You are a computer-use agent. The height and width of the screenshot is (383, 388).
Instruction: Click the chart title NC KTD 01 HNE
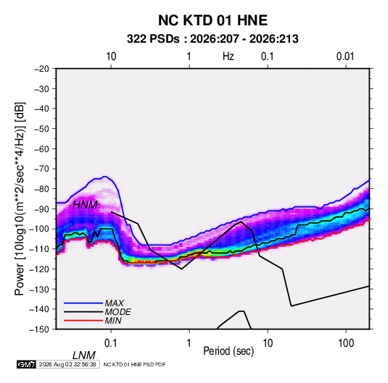pos(212,20)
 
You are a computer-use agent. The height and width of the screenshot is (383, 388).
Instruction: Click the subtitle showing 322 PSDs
pos(212,39)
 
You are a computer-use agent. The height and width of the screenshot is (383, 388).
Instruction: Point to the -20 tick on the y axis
pos(41,69)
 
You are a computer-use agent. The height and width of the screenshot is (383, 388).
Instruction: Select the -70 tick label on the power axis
pos(41,169)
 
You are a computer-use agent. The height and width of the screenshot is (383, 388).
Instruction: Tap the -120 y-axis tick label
pos(40,269)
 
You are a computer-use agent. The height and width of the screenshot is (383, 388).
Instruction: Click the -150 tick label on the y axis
pos(40,329)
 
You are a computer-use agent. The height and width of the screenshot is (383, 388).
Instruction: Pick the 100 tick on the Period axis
pos(346,343)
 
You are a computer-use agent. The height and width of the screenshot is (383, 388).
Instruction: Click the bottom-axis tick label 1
pos(189,343)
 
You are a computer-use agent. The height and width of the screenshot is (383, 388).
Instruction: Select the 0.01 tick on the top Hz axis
pos(345,56)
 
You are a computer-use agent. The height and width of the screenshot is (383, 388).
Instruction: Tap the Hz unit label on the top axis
pos(228,56)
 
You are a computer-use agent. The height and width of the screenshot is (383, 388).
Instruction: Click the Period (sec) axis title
pos(228,351)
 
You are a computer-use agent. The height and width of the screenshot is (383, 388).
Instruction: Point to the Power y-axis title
pos(20,198)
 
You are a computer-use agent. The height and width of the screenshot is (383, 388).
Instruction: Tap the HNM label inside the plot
pos(85,205)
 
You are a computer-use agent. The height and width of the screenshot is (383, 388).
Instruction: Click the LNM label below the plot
pos(84,355)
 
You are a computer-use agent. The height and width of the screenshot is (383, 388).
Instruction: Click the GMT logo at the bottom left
pos(26,364)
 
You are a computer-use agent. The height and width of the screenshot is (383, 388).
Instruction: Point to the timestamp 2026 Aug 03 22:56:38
pos(67,364)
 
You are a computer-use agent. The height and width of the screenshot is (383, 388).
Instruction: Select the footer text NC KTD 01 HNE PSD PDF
pos(134,364)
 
